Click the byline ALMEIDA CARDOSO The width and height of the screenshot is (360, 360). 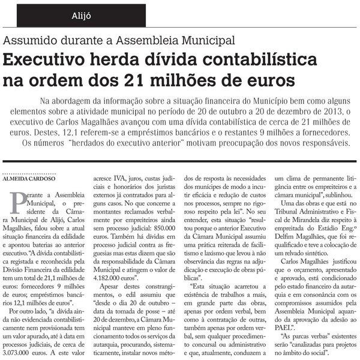point(30,170)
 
